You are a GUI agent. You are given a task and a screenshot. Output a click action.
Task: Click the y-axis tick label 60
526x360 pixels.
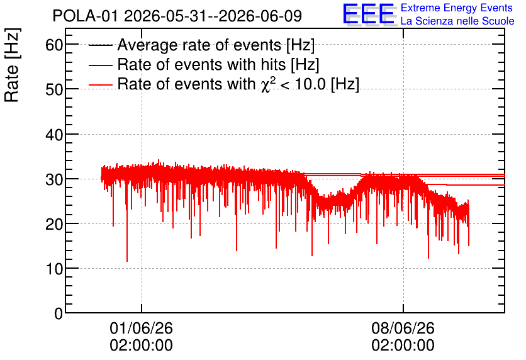click(x=54, y=45)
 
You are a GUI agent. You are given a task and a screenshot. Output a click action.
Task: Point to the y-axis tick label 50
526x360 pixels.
click(x=54, y=89)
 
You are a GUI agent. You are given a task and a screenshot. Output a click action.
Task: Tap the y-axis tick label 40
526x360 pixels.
click(x=54, y=135)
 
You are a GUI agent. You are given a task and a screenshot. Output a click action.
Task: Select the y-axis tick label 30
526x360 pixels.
click(x=54, y=179)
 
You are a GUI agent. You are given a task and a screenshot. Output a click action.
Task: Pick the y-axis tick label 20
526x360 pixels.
click(x=54, y=224)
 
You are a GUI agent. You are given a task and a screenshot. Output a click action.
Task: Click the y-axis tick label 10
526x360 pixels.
click(x=54, y=269)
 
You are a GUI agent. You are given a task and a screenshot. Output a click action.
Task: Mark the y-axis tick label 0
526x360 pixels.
click(x=59, y=313)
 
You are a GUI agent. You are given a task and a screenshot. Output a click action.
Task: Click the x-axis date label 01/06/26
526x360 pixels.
click(x=141, y=328)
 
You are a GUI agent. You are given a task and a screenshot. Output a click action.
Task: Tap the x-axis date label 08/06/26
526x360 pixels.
click(x=403, y=328)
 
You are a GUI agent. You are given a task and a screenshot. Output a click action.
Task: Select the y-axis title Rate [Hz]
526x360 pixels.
click(x=12, y=65)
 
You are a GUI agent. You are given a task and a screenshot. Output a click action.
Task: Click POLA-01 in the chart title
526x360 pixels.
click(x=86, y=16)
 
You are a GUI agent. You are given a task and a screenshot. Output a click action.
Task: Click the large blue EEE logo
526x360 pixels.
click(x=369, y=14)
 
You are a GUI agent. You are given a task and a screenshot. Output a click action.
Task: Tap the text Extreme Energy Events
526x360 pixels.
click(x=457, y=8)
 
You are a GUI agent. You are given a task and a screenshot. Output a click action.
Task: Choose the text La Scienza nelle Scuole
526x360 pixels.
click(x=457, y=21)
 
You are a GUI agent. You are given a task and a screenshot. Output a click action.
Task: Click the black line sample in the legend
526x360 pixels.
click(x=100, y=45)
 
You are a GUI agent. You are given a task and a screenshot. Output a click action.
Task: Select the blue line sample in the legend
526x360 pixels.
click(x=100, y=65)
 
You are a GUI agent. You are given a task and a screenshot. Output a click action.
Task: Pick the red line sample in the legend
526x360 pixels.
click(x=100, y=85)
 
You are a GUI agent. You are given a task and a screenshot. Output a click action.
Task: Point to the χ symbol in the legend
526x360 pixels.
click(x=265, y=86)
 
